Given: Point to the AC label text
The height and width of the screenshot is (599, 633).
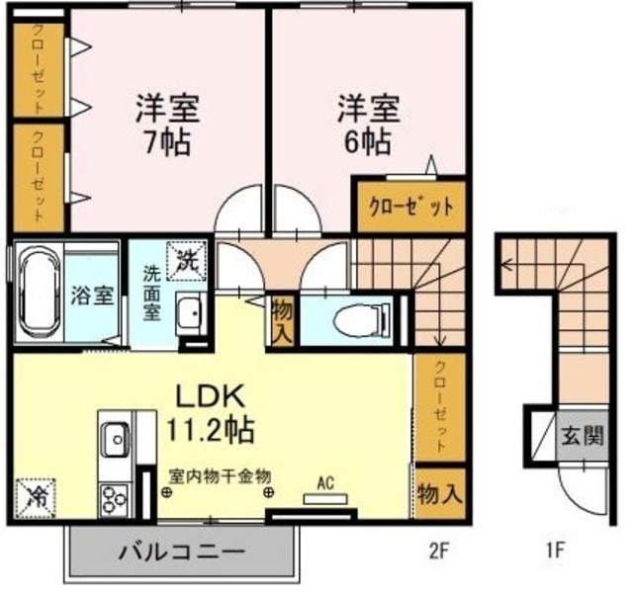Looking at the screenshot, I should pos(323,483).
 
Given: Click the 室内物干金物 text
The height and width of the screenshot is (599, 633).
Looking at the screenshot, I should pos(220,476).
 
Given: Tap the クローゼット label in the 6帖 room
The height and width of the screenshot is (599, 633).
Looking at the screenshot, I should pos(411,208).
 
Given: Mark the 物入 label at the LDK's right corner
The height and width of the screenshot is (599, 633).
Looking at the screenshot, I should pos(439,492).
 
